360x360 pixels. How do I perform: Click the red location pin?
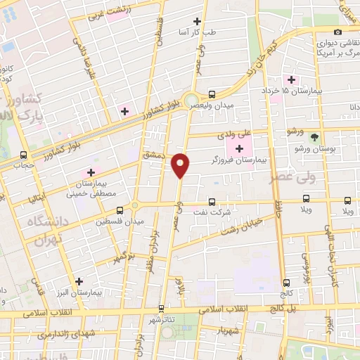[x=181, y=165]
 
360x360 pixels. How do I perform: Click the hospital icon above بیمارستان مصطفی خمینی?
[x=90, y=172]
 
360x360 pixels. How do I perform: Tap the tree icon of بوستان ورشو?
[x=314, y=137]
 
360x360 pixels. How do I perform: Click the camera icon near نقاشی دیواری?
[x=338, y=32]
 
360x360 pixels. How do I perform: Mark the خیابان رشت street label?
[x=243, y=224]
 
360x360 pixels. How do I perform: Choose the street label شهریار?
[x=229, y=330]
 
